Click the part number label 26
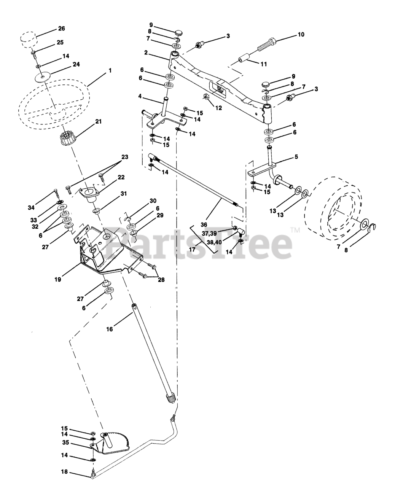(x=62, y=29)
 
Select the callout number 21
(x=99, y=122)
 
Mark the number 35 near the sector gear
(x=65, y=442)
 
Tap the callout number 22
(x=121, y=177)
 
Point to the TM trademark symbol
(x=295, y=230)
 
